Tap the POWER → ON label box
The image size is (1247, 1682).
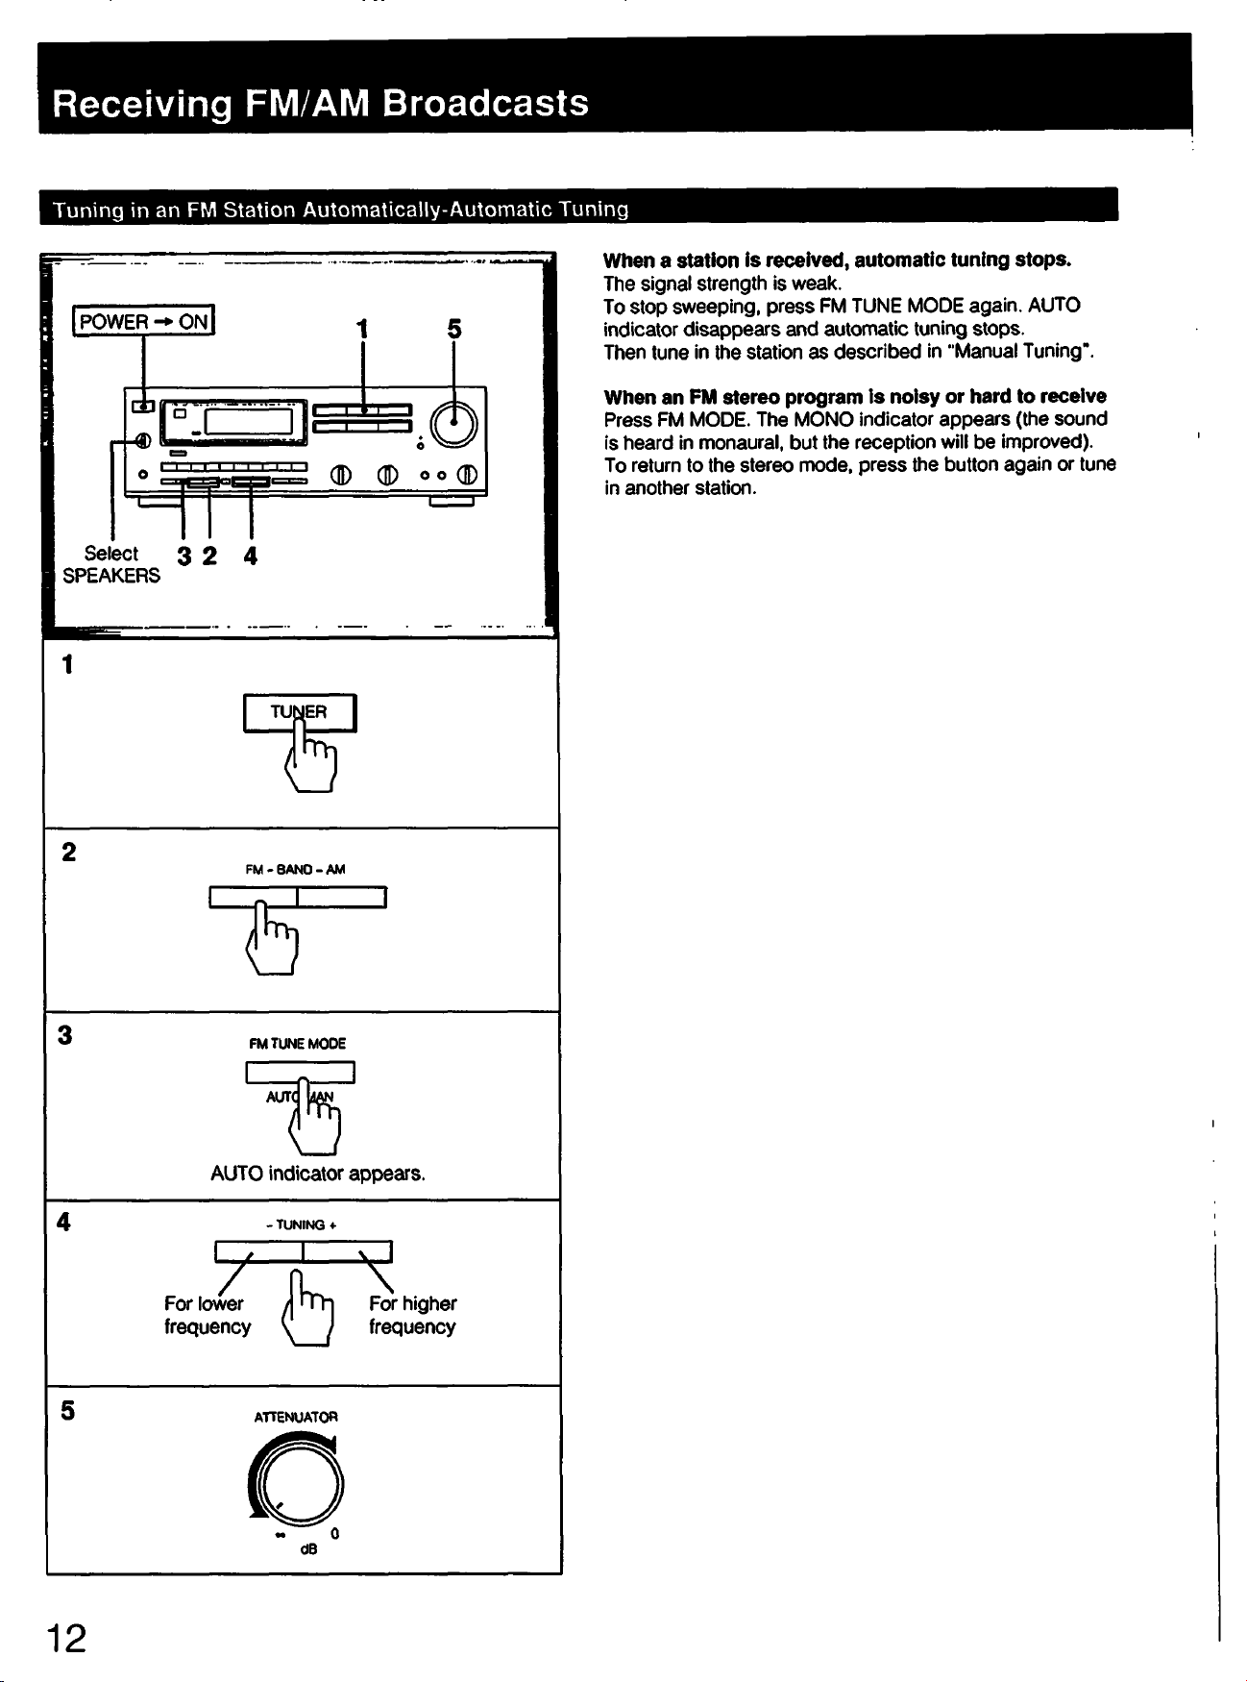(x=145, y=321)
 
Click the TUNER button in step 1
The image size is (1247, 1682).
(x=300, y=712)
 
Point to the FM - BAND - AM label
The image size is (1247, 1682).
(x=295, y=869)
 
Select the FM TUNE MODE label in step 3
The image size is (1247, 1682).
(x=297, y=1044)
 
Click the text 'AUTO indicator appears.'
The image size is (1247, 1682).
(x=318, y=1174)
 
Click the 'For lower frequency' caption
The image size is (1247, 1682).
(x=208, y=1315)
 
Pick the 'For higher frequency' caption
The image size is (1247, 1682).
(x=413, y=1315)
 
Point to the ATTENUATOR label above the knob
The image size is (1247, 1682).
(x=296, y=1417)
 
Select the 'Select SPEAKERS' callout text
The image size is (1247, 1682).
(x=111, y=564)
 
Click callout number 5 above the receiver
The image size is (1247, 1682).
(x=454, y=329)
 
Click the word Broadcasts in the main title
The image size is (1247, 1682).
(x=485, y=103)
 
